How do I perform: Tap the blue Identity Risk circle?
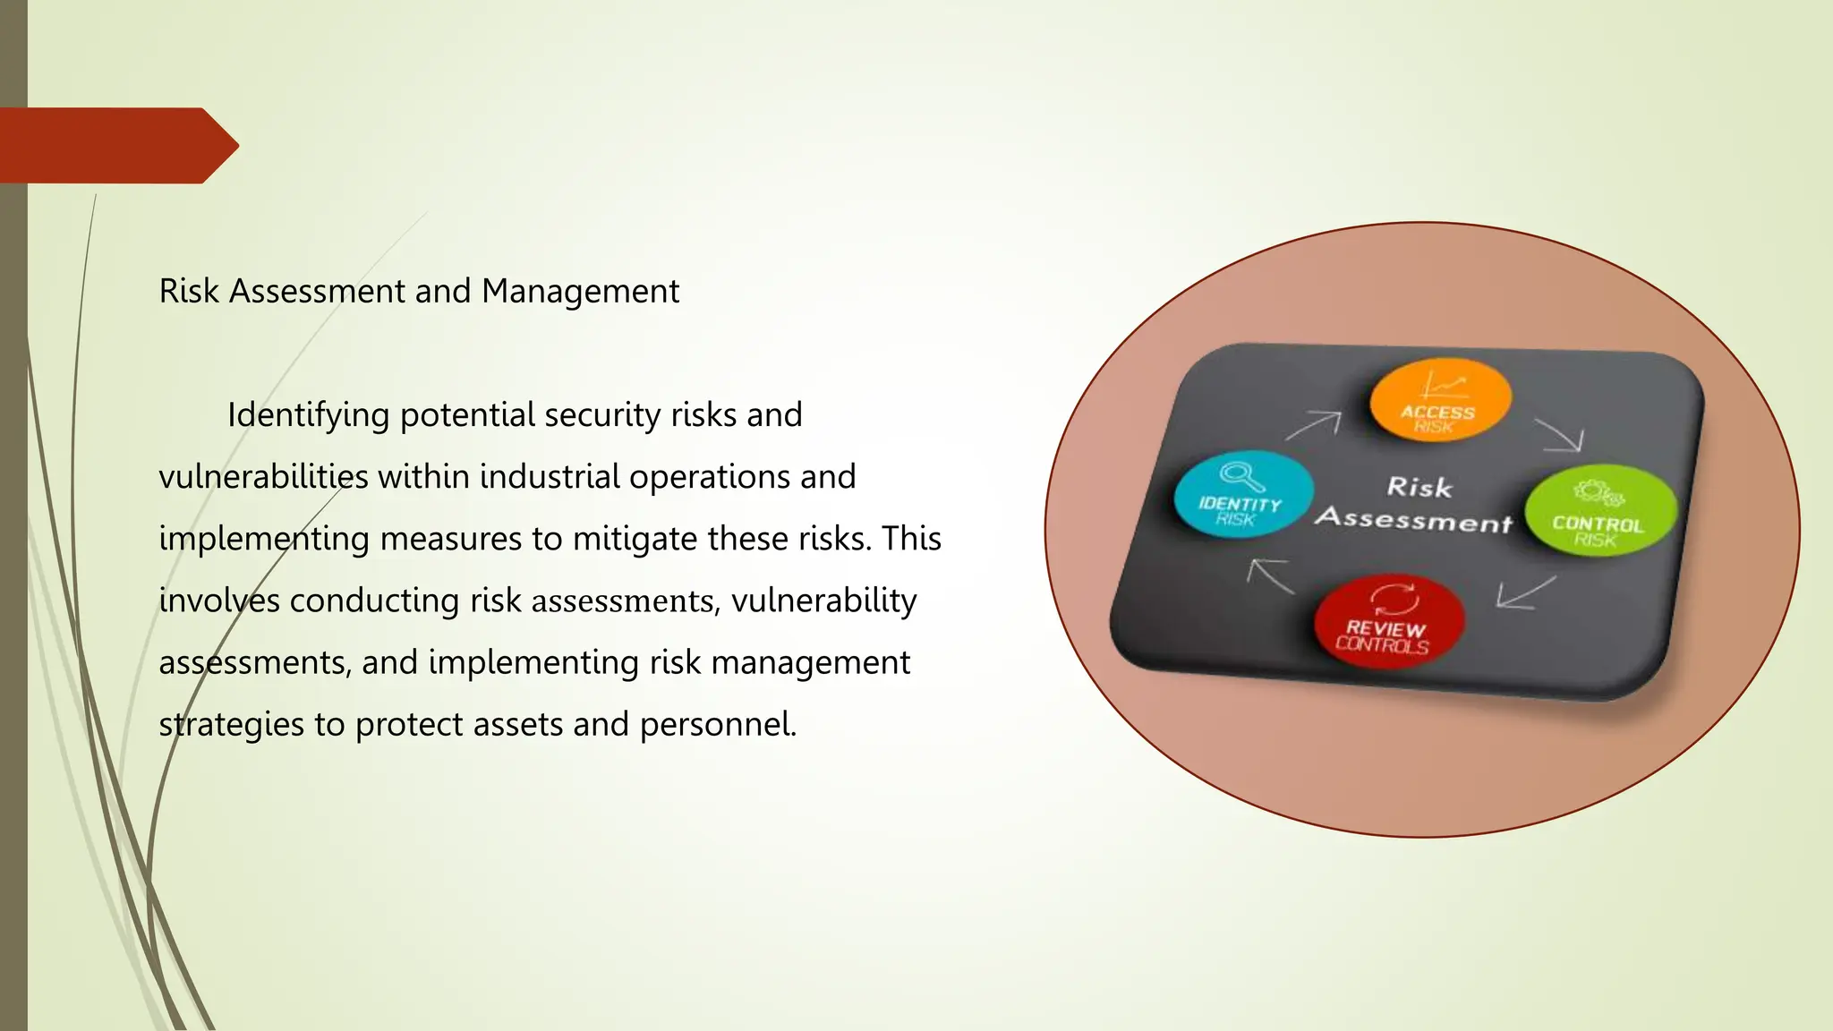(x=1242, y=495)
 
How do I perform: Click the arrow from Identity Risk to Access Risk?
(x=1314, y=425)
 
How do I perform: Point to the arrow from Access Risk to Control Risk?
(x=1560, y=435)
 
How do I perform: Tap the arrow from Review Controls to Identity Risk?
(x=1271, y=575)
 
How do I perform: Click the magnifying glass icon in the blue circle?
(x=1242, y=475)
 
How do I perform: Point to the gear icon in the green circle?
(x=1599, y=492)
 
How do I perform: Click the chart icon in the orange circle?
(x=1444, y=386)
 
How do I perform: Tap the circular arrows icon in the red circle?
(x=1394, y=599)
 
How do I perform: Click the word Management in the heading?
(x=580, y=292)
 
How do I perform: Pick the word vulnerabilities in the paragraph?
(x=263, y=477)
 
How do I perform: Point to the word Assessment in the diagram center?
(x=1414, y=518)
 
